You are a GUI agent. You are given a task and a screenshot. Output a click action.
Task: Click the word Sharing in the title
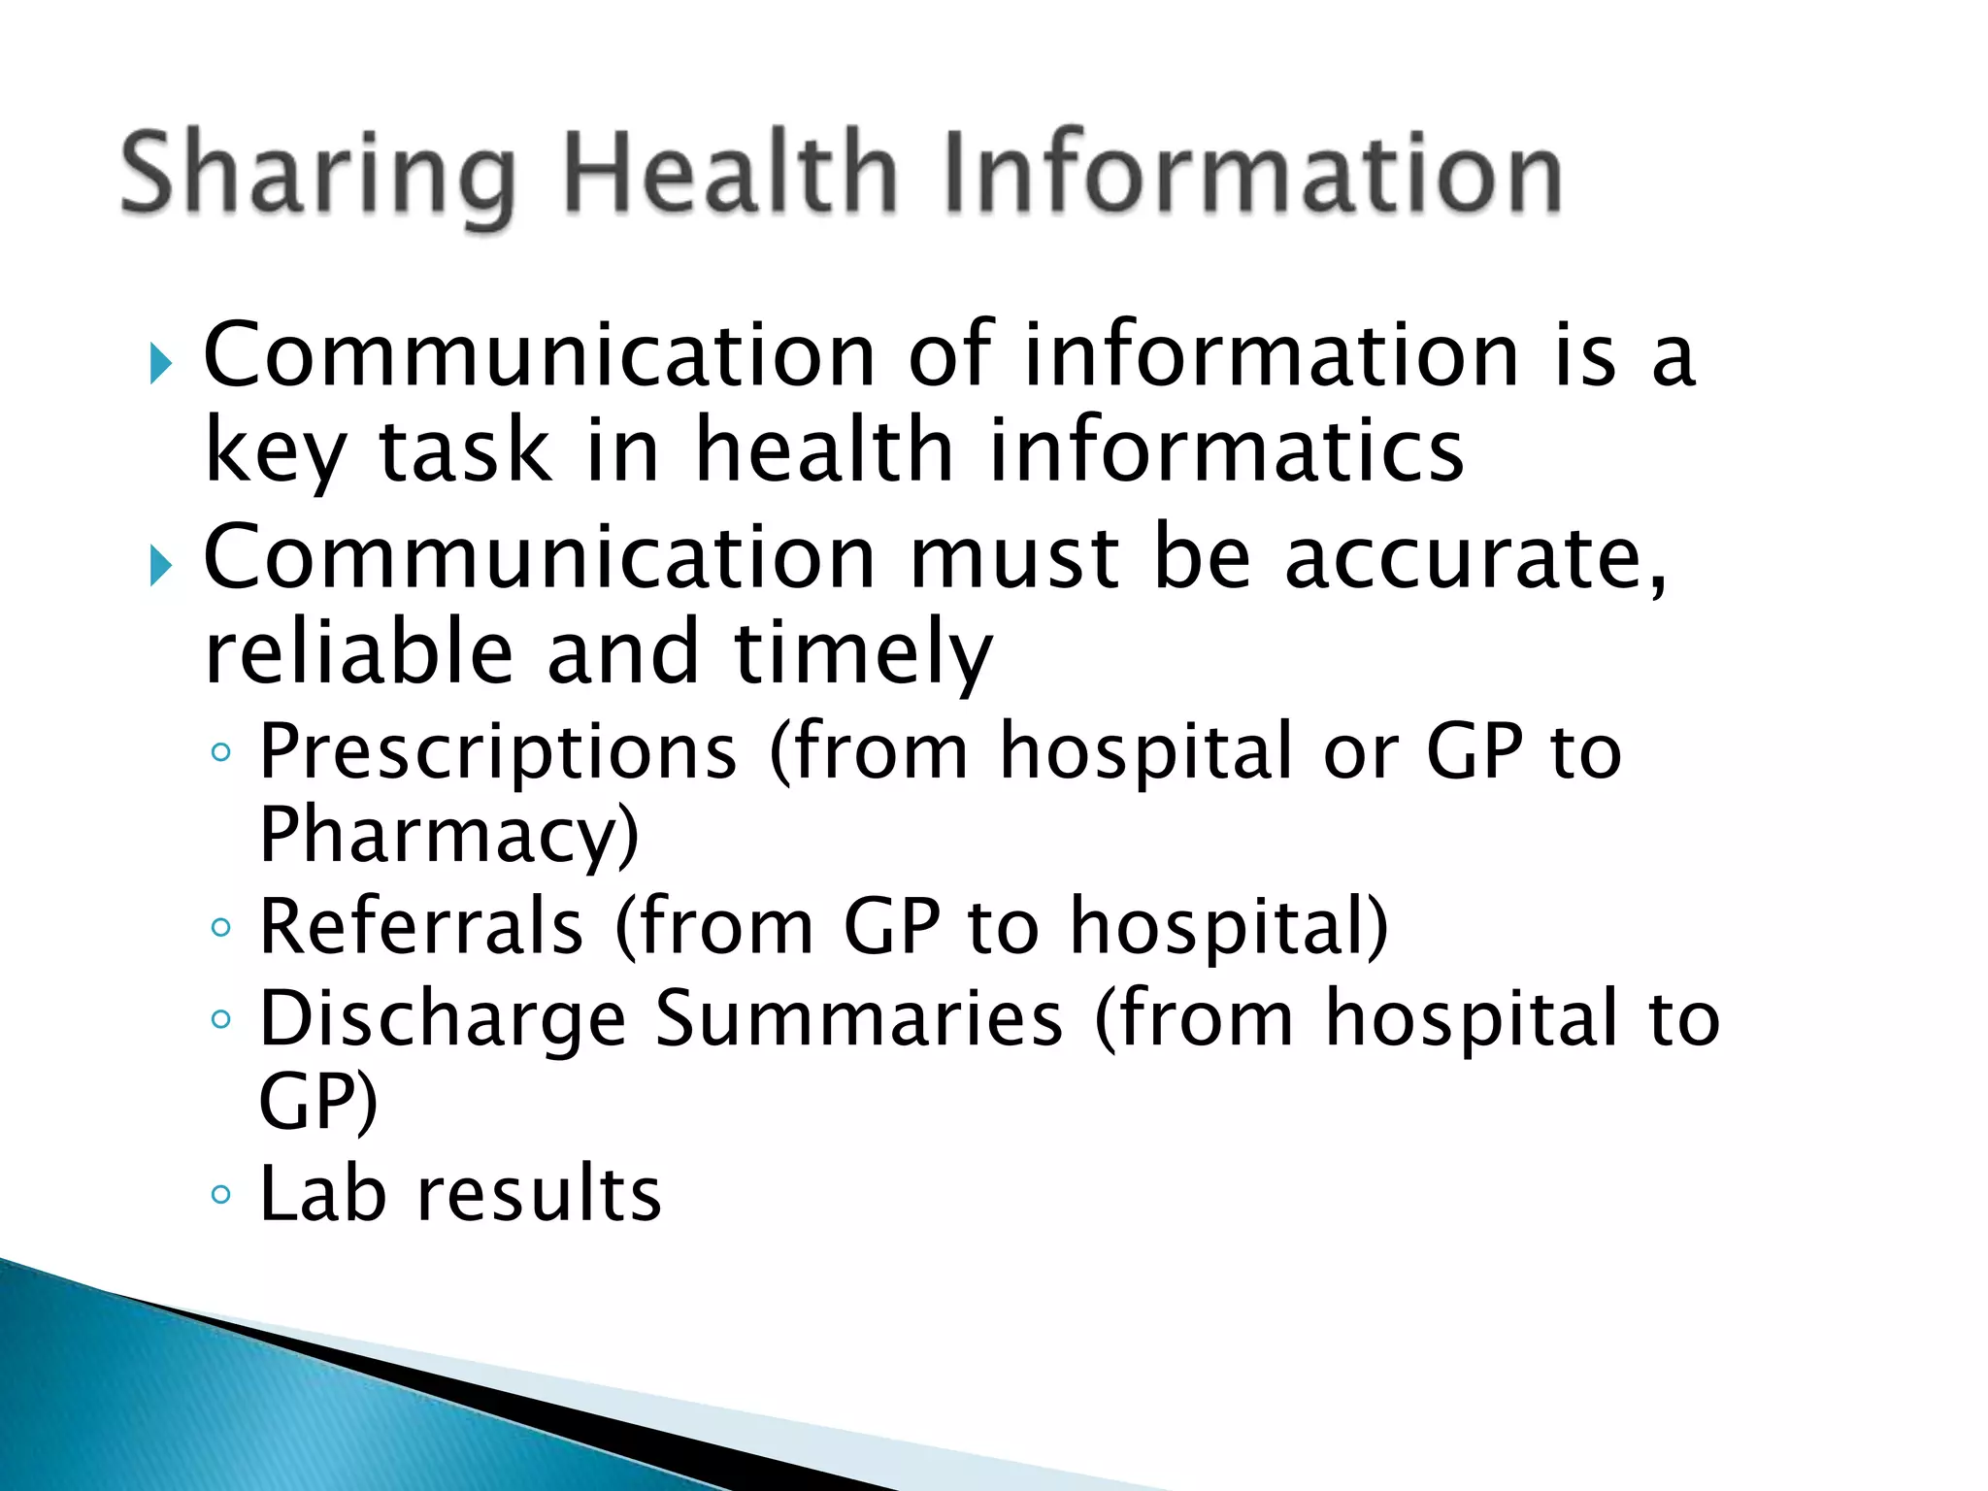[x=317, y=175]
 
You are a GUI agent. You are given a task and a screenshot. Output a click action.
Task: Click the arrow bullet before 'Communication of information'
[x=161, y=365]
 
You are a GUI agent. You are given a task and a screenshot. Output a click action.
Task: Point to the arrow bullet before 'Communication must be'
[x=161, y=566]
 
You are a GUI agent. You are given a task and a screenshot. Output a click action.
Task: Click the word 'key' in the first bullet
[x=275, y=452]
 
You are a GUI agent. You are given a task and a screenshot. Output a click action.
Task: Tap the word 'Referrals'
[x=422, y=927]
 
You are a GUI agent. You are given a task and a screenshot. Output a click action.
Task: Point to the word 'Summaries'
[x=859, y=1019]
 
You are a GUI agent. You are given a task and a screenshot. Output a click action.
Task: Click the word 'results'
[x=540, y=1193]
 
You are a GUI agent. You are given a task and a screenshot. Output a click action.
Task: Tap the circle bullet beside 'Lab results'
[x=221, y=1194]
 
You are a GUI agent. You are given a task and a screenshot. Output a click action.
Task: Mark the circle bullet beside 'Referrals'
[x=221, y=928]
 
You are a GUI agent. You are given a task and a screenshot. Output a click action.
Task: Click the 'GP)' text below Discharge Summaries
[x=318, y=1103]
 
